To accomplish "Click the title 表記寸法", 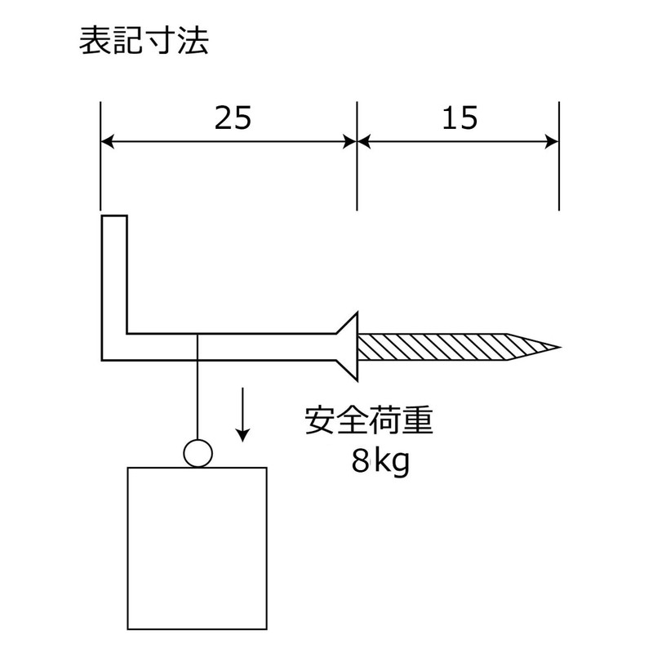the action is point(144,41).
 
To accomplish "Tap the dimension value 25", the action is point(233,118).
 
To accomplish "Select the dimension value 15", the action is point(460,118).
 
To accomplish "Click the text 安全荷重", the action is point(369,420).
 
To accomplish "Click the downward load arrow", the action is point(242,415).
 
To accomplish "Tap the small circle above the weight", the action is point(198,453).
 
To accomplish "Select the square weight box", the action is point(197,548).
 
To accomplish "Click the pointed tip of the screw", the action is point(560,346).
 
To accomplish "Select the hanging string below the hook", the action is point(198,386).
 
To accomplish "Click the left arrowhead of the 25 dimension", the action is point(107,142).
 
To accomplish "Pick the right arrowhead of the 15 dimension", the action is point(552,142).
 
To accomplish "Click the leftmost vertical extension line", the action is point(100,156).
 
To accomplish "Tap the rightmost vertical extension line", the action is point(559,156).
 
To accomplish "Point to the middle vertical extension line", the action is point(357,156).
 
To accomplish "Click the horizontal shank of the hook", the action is point(231,347).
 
